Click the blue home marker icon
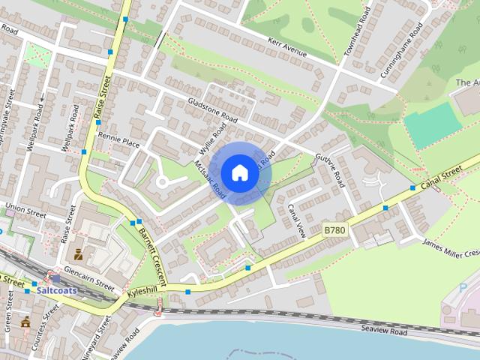coord(238,172)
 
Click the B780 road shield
coord(334,229)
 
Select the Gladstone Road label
coord(212,111)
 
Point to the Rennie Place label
coord(118,142)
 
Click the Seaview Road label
coord(383,331)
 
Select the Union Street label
coord(25,206)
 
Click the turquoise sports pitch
coord(432,124)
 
